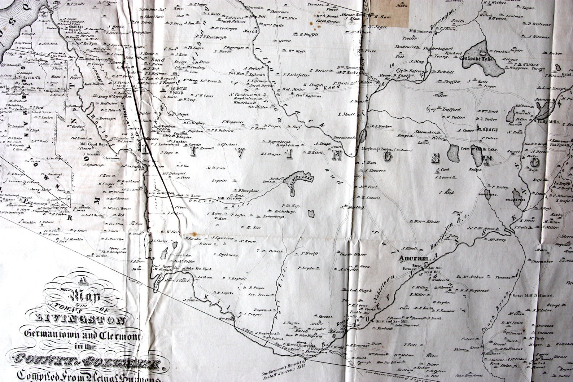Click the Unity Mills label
[x=549, y=122]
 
